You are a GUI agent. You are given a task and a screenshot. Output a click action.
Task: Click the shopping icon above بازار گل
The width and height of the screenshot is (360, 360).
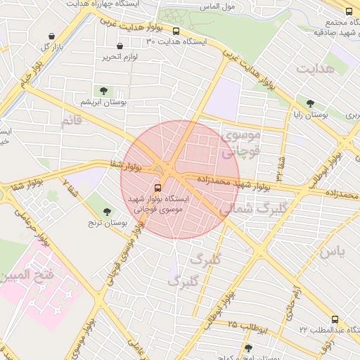[51, 37]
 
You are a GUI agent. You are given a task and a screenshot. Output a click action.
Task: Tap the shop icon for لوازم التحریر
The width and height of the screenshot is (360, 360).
[120, 46]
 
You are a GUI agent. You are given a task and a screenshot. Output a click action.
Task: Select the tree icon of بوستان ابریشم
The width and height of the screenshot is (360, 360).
[104, 91]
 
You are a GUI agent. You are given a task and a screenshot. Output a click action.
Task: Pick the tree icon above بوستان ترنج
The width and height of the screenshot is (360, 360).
[108, 212]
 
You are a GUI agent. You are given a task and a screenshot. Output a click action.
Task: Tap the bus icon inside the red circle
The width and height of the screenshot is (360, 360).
[157, 188]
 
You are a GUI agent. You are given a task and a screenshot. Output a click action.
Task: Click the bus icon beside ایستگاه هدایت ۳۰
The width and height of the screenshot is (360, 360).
[176, 32]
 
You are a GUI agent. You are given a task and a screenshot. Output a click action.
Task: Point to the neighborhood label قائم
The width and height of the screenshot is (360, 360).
[73, 122]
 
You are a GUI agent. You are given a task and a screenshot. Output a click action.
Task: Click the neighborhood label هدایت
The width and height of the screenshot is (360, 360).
[314, 69]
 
